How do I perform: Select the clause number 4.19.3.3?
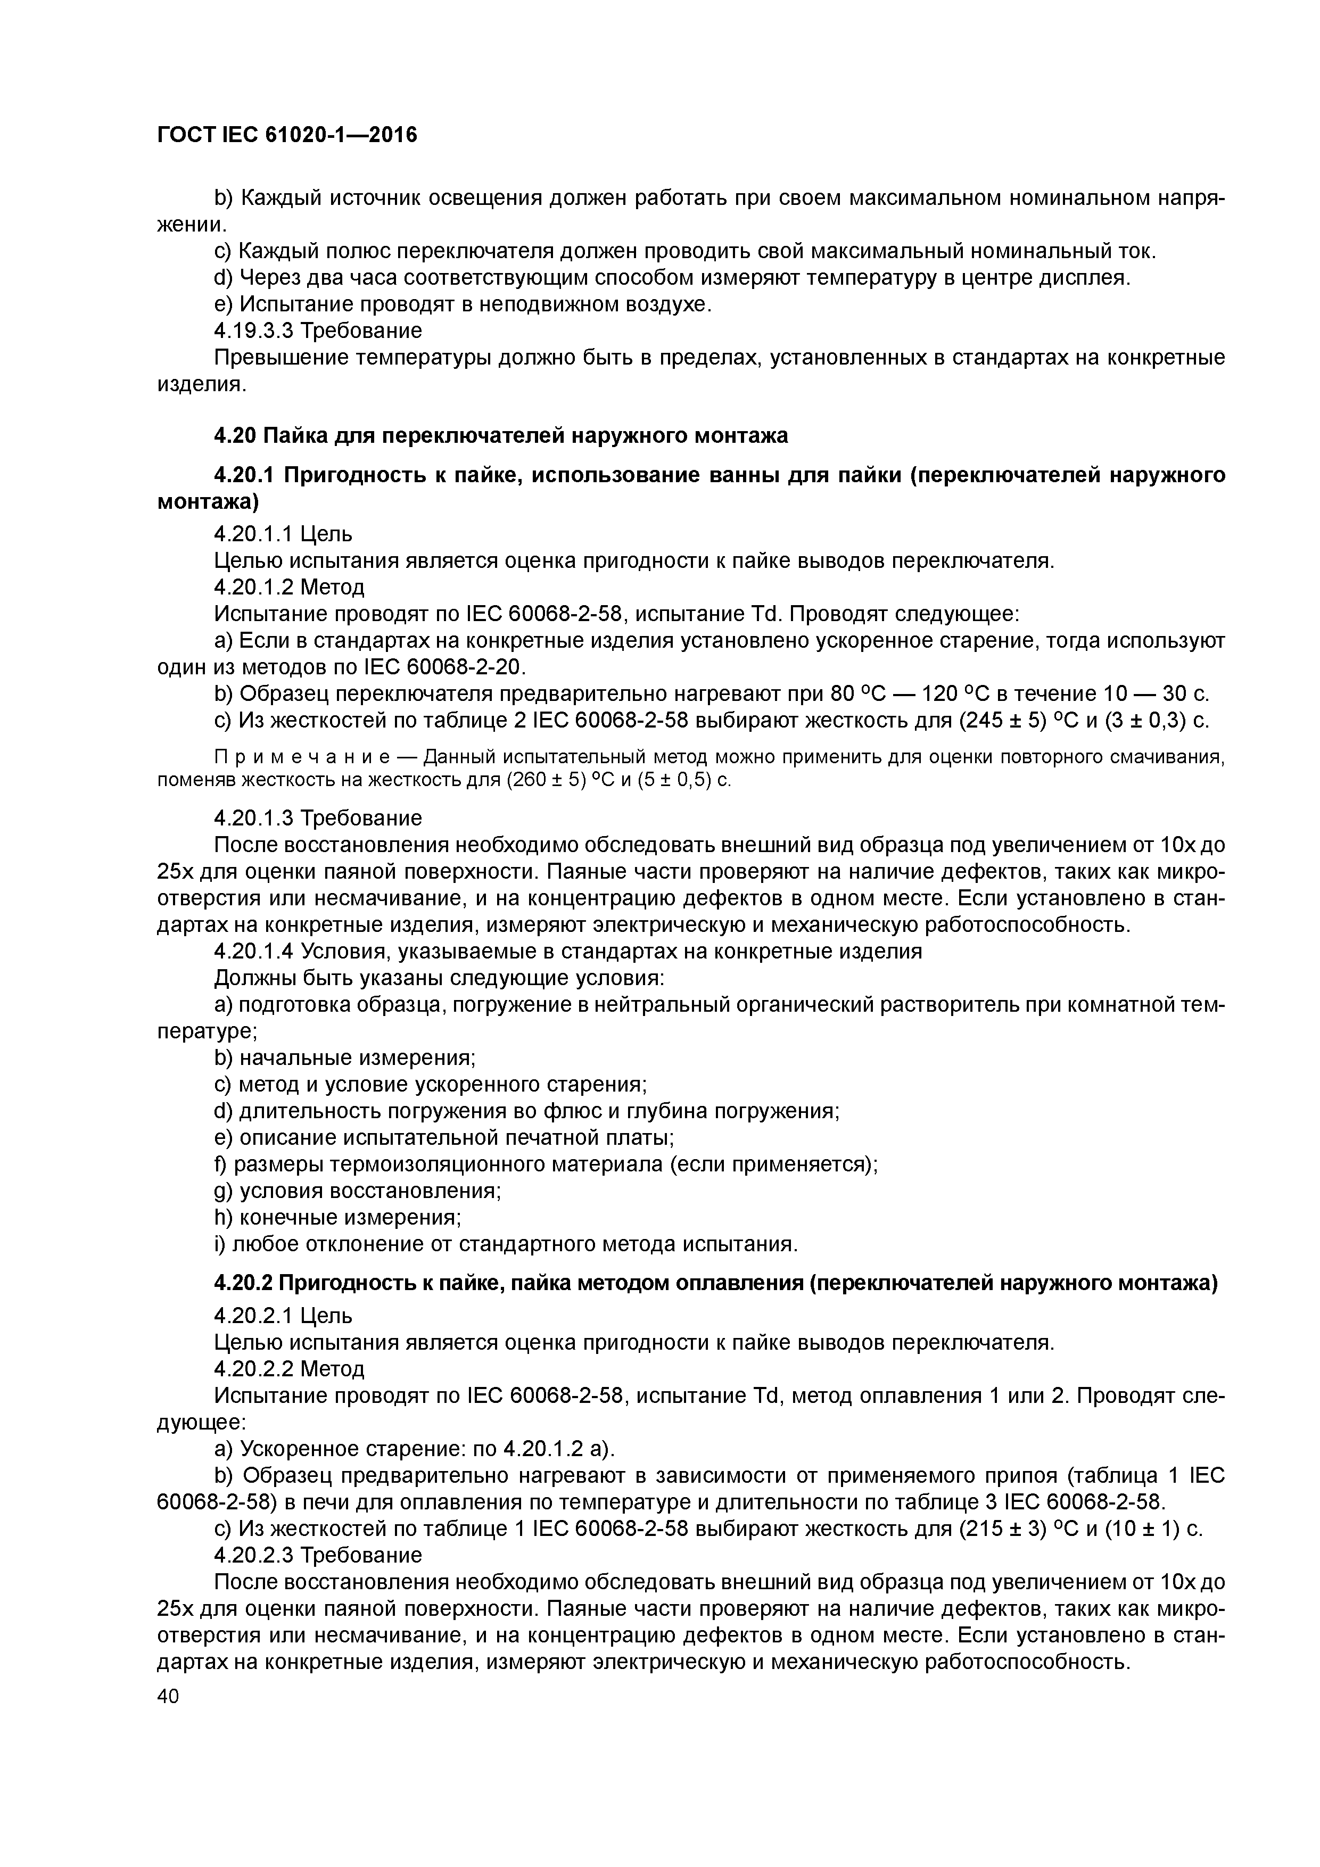click(x=253, y=331)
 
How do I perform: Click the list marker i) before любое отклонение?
click(x=220, y=1244)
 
